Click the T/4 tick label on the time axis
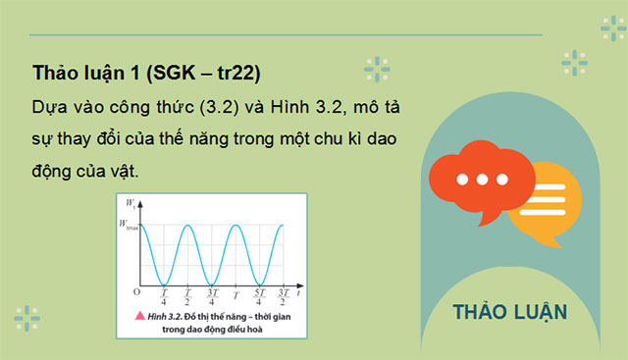coord(165,295)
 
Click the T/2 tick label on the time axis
coord(188,295)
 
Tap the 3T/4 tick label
coord(213,295)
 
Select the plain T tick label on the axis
coord(235,294)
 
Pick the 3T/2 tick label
coord(284,295)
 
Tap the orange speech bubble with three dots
coord(483,180)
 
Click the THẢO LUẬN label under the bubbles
coord(510,313)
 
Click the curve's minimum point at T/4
coord(165,283)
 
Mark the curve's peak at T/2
coord(188,226)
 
